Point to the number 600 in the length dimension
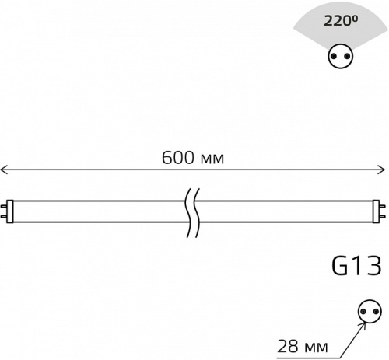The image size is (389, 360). [x=177, y=158]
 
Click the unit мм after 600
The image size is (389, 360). [x=212, y=159]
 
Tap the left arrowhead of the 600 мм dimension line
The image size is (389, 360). [x=4, y=169]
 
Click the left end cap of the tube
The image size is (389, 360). [x=13, y=209]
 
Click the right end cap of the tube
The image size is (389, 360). [x=374, y=209]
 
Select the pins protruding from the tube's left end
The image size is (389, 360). [x=5, y=209]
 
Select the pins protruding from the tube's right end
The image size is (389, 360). [x=383, y=209]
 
